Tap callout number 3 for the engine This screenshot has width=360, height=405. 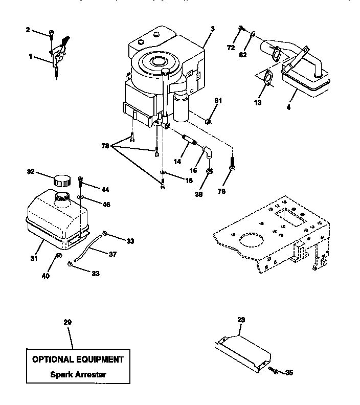click(212, 29)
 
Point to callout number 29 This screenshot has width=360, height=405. click(67, 322)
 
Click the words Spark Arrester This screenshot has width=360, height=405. click(78, 374)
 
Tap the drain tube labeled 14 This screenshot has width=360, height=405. click(190, 140)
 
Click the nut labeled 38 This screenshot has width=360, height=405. click(210, 172)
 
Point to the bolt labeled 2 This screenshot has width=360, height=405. click(52, 34)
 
